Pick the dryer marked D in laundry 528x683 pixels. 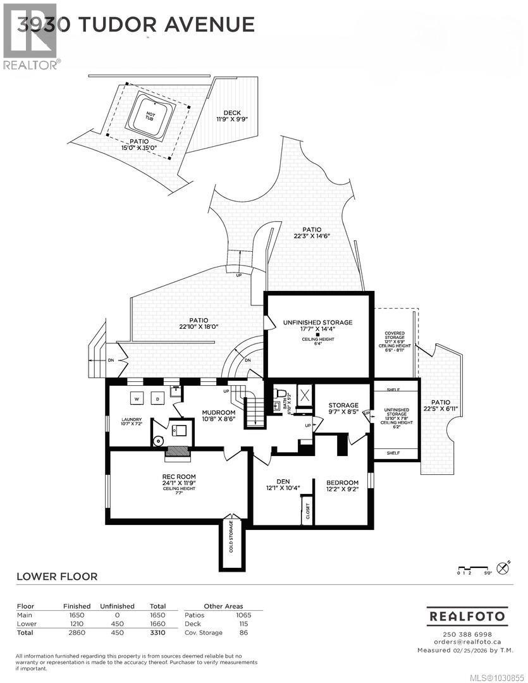(x=156, y=398)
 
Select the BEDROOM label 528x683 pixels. (x=342, y=483)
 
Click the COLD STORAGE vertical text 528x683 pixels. (x=231, y=536)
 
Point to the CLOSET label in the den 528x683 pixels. (x=308, y=510)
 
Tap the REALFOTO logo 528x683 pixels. (x=467, y=615)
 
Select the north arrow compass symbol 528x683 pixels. (x=503, y=567)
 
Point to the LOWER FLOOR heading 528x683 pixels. (x=56, y=576)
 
